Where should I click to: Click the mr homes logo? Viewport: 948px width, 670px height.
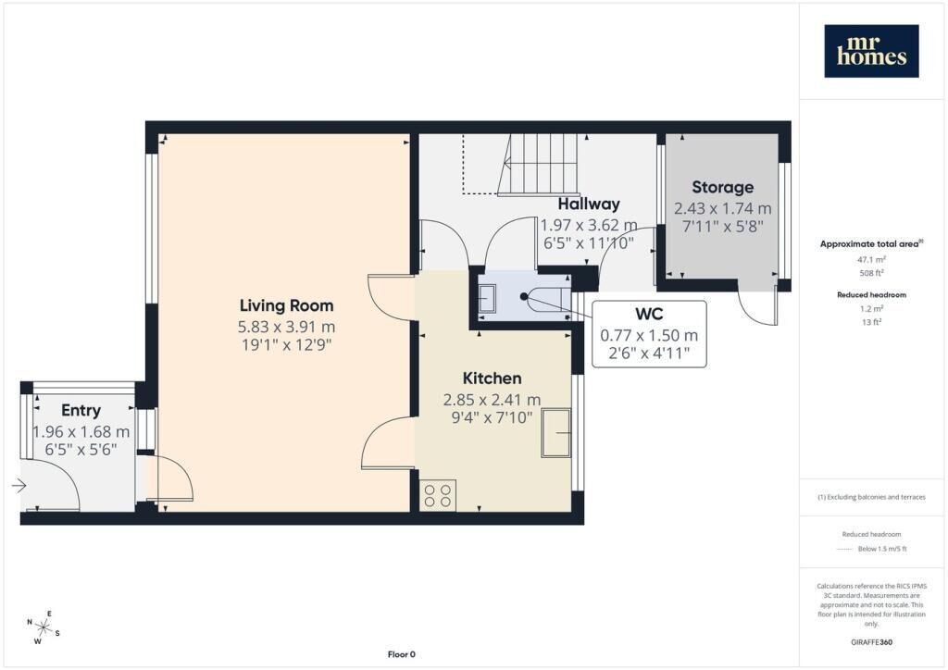click(x=871, y=51)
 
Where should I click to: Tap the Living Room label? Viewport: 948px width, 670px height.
click(x=287, y=305)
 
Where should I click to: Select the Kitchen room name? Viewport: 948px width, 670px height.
click(x=492, y=378)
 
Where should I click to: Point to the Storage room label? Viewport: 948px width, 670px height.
click(x=722, y=187)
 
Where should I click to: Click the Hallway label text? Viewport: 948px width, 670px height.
click(x=589, y=205)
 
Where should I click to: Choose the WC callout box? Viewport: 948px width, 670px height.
click(x=649, y=333)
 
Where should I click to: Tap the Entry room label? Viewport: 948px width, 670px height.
click(x=81, y=411)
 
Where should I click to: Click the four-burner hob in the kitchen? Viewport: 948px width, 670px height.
click(x=438, y=495)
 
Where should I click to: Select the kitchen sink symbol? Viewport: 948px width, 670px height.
click(x=555, y=432)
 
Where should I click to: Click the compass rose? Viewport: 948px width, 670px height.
click(x=43, y=627)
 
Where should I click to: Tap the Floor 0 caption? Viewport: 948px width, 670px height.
click(x=402, y=654)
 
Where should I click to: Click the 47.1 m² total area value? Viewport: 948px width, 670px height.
click(x=871, y=260)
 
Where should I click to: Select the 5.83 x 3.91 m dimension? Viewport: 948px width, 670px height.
click(x=287, y=327)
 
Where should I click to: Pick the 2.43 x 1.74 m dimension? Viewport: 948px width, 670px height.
click(x=722, y=208)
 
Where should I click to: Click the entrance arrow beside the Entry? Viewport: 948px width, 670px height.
click(x=19, y=485)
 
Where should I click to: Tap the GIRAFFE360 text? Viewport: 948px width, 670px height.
click(x=871, y=642)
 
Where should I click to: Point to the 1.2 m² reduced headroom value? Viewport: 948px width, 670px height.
click(x=871, y=309)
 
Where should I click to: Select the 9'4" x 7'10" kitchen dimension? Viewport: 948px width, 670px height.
click(x=492, y=417)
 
